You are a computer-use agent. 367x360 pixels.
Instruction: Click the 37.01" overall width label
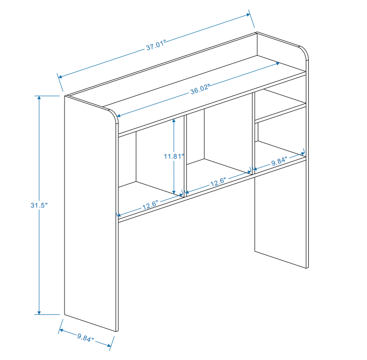point(156,45)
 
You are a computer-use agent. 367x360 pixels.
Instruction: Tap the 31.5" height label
point(39,205)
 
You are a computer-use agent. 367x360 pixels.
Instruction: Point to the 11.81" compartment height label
point(174,156)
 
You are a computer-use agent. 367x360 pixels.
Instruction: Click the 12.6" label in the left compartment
point(150,205)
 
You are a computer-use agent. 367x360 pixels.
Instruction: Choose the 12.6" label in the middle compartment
point(218,182)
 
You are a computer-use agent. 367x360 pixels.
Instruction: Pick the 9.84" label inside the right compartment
point(279,161)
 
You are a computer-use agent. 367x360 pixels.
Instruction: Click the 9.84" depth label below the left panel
point(85,338)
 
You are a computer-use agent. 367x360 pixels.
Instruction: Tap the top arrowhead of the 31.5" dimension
point(39,98)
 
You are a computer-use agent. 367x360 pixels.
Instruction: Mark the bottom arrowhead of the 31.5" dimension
point(39,313)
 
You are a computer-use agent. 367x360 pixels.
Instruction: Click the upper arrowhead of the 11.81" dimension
point(174,121)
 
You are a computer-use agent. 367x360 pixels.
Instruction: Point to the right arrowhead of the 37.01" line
point(249,15)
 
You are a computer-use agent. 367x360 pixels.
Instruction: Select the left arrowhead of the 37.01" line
point(60,77)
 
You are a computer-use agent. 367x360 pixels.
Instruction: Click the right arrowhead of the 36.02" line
point(278,63)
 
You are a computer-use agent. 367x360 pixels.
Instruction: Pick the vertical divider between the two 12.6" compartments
point(185,156)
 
